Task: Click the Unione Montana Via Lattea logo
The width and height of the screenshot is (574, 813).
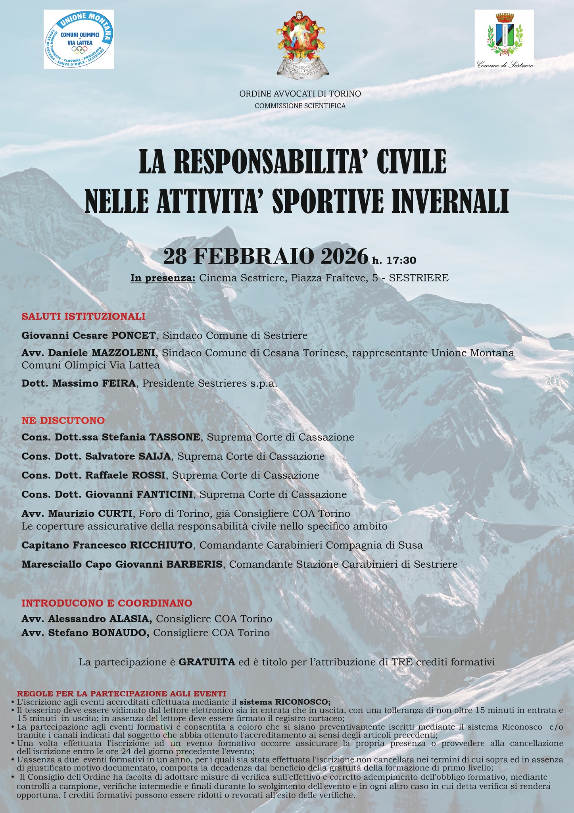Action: tap(79, 40)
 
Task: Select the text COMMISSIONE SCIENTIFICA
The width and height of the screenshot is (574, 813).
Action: tap(300, 106)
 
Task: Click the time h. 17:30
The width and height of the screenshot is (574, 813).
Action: tap(394, 260)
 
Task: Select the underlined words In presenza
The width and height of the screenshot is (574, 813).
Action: tap(163, 277)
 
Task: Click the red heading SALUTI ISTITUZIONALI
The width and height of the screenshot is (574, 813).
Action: tap(83, 316)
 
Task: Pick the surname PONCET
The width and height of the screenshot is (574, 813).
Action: tap(133, 335)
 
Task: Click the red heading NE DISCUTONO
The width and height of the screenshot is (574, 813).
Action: tap(63, 420)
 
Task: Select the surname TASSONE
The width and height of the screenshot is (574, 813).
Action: tap(175, 437)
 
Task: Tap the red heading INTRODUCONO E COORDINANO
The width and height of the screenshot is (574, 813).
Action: tap(107, 603)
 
